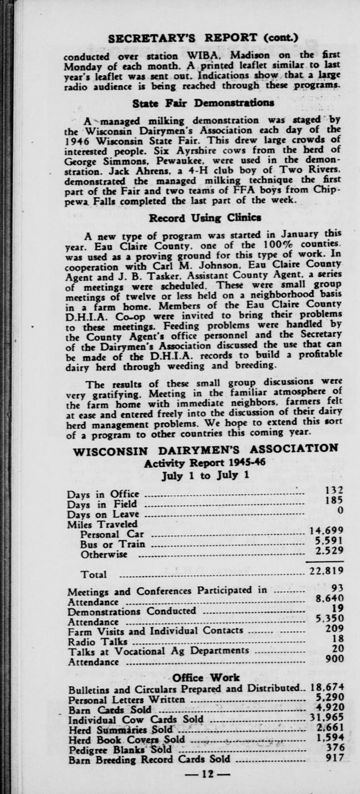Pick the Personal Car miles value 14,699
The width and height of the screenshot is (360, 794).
pos(327,530)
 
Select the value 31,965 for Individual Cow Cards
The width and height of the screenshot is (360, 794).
pos(327,719)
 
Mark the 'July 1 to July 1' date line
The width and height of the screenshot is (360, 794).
pos(205,475)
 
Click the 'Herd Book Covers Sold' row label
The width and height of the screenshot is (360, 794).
pos(127,739)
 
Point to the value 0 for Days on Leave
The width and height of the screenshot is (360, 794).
pos(340,510)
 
